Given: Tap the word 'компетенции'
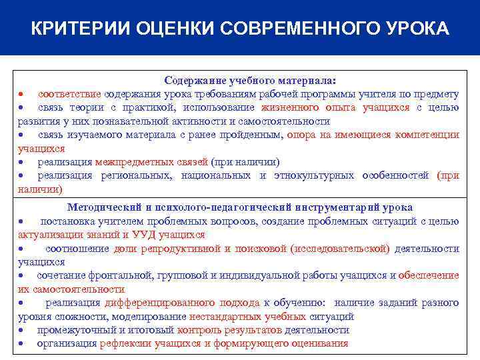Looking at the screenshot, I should tap(427, 135).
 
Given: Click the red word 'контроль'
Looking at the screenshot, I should tap(198, 330).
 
